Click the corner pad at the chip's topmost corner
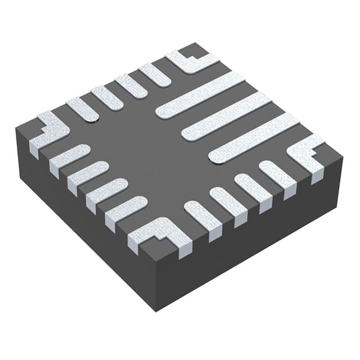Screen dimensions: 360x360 (191, 61)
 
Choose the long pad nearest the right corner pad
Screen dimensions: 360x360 (253, 137)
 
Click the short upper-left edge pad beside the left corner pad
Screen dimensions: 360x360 (82, 109)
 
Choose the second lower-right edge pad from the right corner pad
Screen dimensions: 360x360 (253, 189)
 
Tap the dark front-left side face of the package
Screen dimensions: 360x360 (84, 225)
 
